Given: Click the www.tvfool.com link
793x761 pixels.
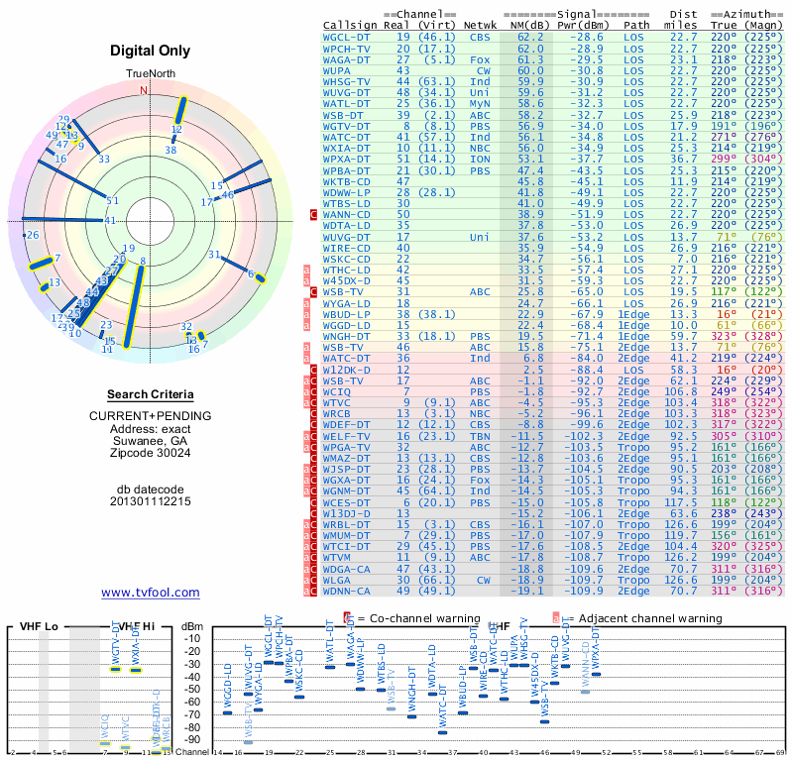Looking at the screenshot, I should [151, 593].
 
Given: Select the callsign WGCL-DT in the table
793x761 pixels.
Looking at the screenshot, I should [347, 37].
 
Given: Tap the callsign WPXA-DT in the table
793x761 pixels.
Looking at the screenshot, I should [347, 159].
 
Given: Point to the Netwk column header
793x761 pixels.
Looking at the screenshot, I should [481, 24].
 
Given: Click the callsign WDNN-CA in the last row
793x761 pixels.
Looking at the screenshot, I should [347, 591].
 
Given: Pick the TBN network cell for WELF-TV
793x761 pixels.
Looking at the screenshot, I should [480, 435].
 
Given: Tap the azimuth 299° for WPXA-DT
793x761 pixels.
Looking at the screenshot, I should [725, 159].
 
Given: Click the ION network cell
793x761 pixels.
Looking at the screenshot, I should [480, 159].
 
